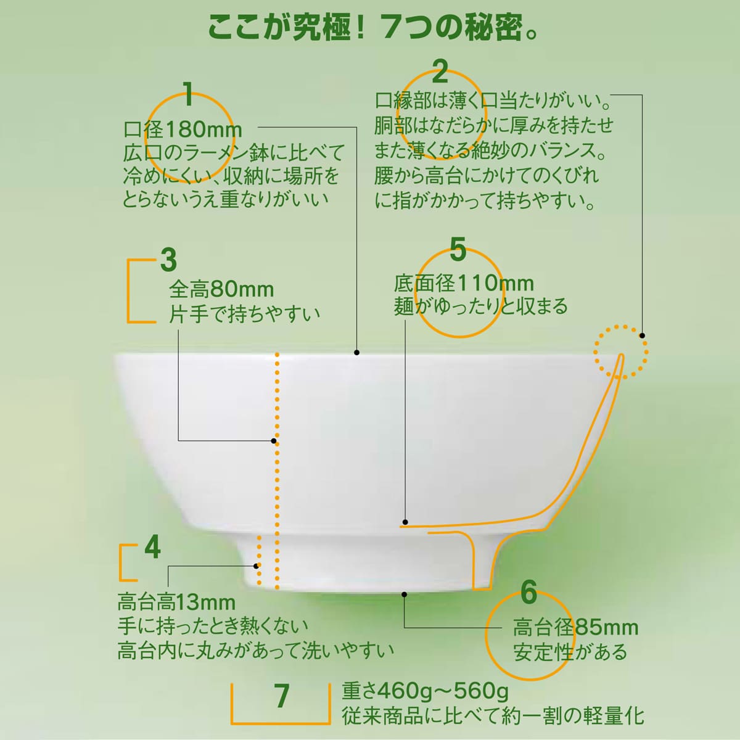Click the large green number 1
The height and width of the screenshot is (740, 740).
(x=188, y=94)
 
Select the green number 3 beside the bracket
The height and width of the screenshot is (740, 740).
(x=168, y=260)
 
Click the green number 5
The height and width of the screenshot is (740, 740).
(x=458, y=249)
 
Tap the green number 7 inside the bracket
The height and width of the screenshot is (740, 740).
(x=281, y=696)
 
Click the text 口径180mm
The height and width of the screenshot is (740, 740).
(x=183, y=129)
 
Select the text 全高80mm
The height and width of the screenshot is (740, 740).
(x=221, y=290)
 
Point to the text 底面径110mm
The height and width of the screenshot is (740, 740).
(x=464, y=284)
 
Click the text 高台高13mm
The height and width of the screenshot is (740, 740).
(x=176, y=602)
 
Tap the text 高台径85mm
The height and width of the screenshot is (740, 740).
(x=575, y=628)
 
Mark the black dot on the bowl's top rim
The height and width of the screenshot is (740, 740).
(x=357, y=353)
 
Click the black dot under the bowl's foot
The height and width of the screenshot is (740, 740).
(x=404, y=594)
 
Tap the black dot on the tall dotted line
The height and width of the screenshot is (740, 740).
(x=274, y=441)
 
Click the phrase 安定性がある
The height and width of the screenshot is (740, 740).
(x=570, y=652)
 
